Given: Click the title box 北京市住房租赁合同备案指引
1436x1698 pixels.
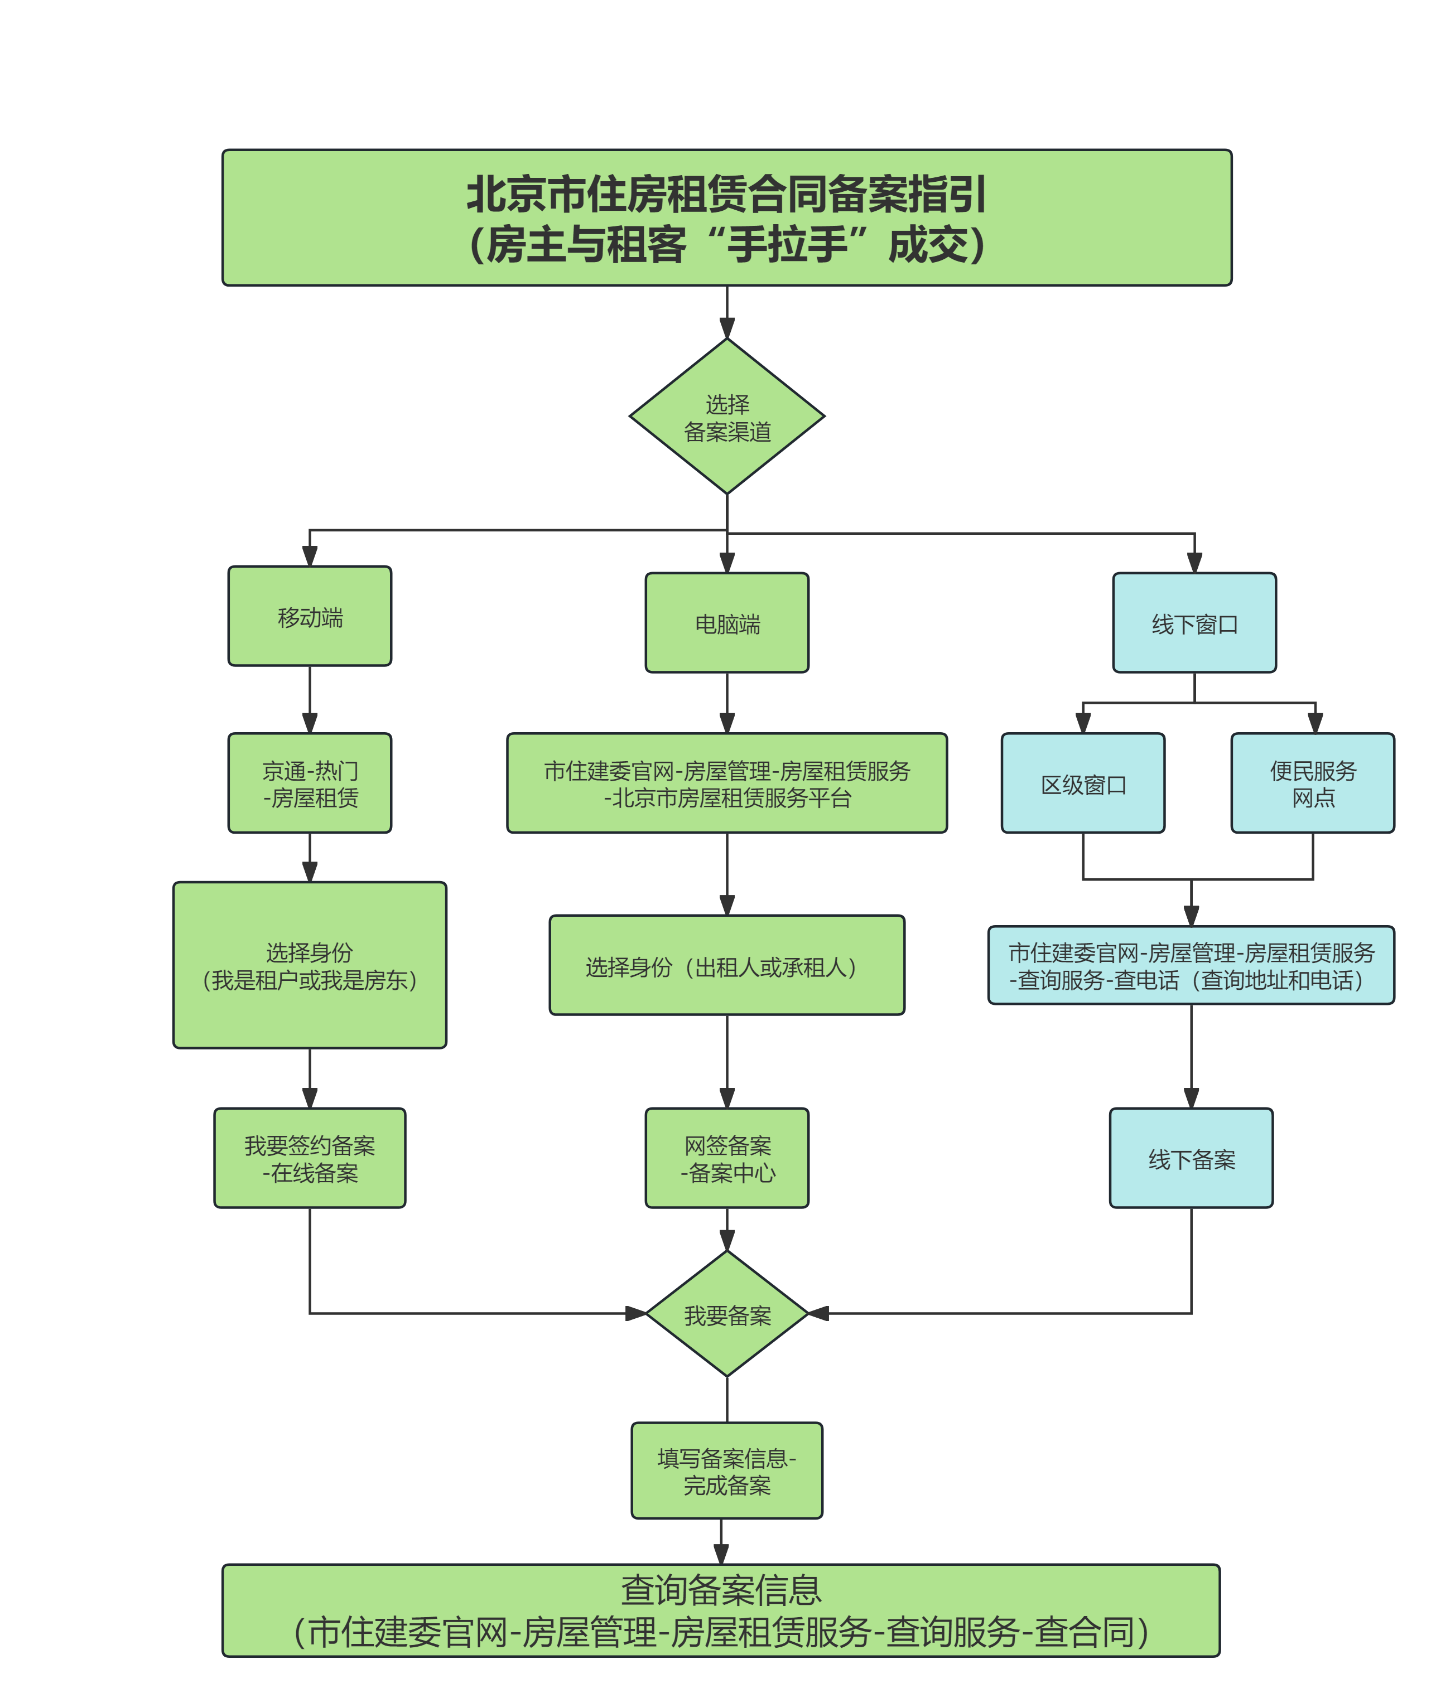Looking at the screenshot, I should coord(726,217).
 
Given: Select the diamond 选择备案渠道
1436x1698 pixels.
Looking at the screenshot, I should coord(727,417).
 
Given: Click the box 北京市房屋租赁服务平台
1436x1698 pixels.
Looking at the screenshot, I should coord(727,783).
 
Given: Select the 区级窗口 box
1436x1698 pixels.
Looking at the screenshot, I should coord(1083,783).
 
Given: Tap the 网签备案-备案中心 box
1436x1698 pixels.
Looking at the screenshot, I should coord(727,1158).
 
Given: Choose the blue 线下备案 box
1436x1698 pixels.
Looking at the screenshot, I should coord(1191,1158).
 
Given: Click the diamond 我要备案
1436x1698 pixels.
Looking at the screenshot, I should coord(727,1314).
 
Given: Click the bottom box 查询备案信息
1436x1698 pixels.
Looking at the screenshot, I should coord(721,1610).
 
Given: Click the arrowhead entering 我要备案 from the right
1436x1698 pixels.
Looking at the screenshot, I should coord(817,1313).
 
